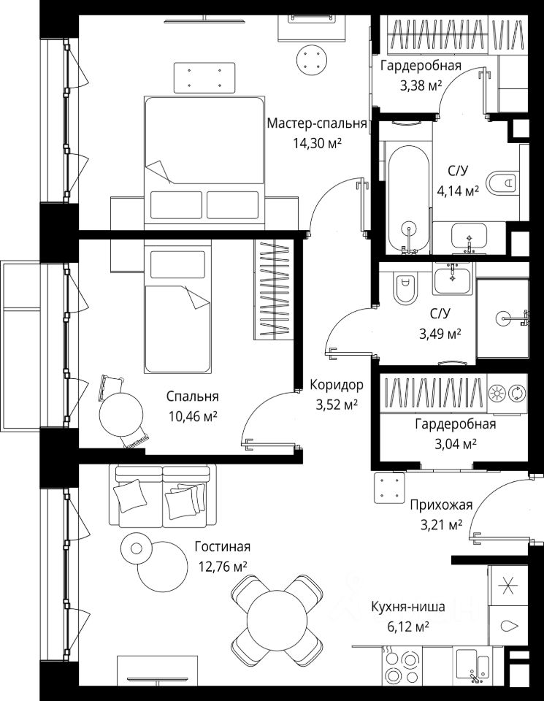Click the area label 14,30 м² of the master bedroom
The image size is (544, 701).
click(x=317, y=142)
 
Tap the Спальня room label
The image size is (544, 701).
click(x=192, y=396)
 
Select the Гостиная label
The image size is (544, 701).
click(x=222, y=546)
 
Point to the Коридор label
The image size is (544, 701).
click(x=336, y=385)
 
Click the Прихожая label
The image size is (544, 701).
click(x=441, y=505)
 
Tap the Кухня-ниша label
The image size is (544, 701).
click(x=408, y=607)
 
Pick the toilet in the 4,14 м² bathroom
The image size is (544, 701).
click(x=502, y=183)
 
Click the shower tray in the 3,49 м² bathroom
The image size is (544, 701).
click(x=503, y=318)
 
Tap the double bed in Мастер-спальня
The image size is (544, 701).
click(x=204, y=160)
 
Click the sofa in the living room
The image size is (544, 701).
click(x=163, y=495)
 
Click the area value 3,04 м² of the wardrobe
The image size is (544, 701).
click(x=456, y=444)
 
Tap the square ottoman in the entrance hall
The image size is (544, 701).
click(x=390, y=489)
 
